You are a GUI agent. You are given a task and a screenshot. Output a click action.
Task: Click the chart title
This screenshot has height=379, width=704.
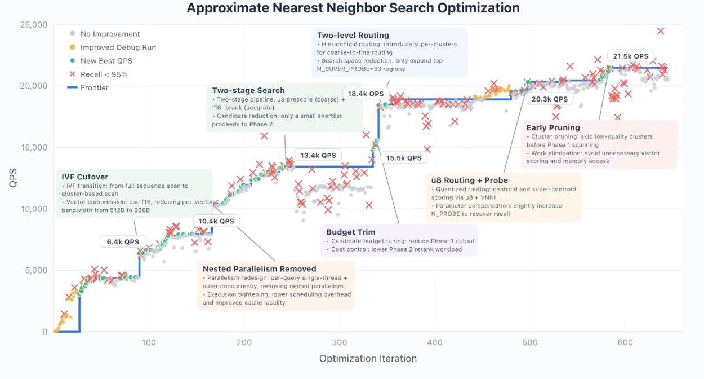coord(353,8)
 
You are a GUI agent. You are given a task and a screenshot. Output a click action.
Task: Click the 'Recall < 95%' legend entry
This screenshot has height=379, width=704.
coord(104,74)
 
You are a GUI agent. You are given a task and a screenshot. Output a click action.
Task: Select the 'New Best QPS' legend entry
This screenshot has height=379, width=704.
coord(106,61)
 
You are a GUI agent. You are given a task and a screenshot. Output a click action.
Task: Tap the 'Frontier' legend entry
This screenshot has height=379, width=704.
coord(94,87)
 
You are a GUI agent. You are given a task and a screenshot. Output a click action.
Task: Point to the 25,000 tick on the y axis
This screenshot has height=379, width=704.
coord(34,25)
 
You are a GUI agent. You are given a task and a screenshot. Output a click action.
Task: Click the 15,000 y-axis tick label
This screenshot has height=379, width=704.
coord(34,148)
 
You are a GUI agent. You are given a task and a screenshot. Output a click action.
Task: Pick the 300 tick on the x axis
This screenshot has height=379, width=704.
coord(340,342)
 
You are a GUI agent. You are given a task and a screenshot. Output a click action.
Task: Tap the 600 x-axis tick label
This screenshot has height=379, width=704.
coord(625,342)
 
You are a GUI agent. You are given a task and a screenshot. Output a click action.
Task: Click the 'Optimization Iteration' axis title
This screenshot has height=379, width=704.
coord(368,359)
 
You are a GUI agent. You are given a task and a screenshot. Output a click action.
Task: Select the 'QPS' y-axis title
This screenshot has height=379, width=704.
coord(13,178)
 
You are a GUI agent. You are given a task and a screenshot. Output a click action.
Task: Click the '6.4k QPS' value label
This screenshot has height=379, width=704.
coord(123,241)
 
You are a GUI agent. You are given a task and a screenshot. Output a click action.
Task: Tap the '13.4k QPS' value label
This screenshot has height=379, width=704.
coord(318,155)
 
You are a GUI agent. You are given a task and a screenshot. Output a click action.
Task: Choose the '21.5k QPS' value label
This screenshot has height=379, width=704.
coord(631,56)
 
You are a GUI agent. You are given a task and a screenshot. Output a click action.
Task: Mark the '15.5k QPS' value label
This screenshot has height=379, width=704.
coord(403,158)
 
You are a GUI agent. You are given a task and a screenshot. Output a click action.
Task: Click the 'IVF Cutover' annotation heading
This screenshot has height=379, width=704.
coord(84,177)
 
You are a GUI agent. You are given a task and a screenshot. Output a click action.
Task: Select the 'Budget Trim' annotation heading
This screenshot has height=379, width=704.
coord(350,232)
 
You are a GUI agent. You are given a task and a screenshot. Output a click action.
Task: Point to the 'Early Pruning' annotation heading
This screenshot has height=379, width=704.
coord(552,127)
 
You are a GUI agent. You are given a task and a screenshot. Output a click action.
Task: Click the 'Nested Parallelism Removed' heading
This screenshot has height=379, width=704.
coord(259,268)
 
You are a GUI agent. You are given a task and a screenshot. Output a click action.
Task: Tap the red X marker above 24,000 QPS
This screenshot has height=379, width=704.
coord(661,31)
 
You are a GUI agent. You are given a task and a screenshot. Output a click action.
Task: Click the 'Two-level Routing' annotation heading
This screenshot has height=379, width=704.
coord(353,35)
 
